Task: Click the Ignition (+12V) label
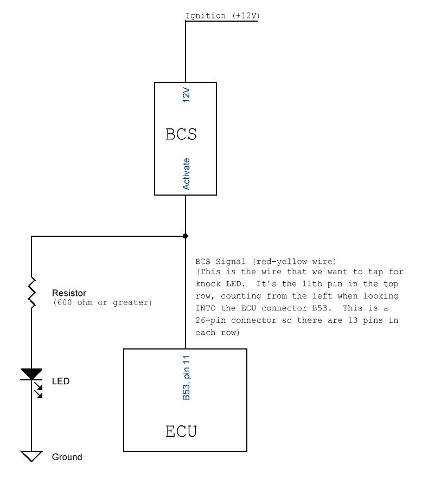point(222,16)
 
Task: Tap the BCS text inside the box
point(181,134)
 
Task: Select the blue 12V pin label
point(186,95)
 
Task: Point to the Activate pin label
point(186,174)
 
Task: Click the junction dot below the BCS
point(185,236)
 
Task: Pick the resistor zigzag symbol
point(31,293)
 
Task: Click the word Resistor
point(69,293)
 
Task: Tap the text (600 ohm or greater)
point(103,303)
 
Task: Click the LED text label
point(61,381)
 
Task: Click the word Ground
point(67,457)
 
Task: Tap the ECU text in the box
point(181,431)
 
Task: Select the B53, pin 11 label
point(186,378)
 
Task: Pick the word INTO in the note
point(206,308)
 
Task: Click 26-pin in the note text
point(210,320)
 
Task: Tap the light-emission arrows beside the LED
point(38,390)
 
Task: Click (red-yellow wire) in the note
point(295,262)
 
